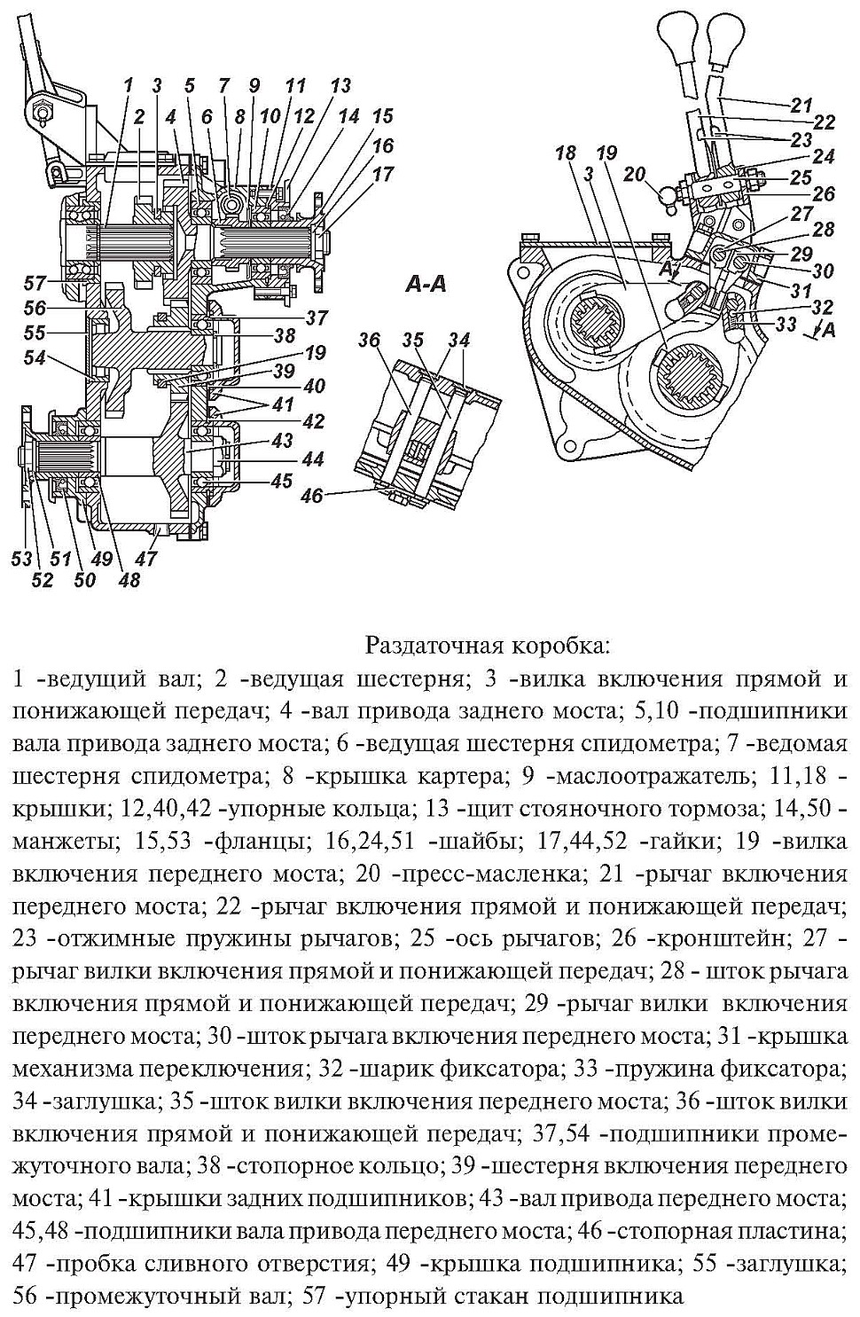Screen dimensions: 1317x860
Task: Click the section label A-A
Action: pos(426,285)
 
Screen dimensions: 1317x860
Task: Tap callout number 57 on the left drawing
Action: pos(35,283)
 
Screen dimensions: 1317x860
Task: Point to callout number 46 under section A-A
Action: pos(311,496)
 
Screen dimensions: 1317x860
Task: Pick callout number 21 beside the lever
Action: pos(801,102)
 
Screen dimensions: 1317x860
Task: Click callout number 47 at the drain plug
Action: pos(146,559)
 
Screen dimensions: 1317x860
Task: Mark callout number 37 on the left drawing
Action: pos(317,317)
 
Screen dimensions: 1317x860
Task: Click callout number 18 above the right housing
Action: pos(565,153)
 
